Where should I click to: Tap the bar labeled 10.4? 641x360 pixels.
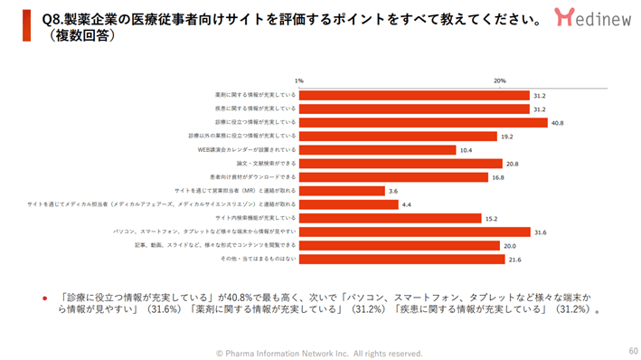pos(378,149)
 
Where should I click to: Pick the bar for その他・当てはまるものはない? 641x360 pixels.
pos(402,260)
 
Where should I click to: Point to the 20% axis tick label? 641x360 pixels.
pos(500,81)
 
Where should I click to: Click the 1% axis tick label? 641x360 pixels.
pos(299,81)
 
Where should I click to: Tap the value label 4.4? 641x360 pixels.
pos(407,204)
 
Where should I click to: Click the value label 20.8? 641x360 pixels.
pos(513,164)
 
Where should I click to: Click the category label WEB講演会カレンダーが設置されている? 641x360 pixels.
pos(247,149)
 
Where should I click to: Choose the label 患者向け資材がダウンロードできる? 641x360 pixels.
pos(253,177)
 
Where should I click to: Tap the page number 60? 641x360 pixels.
pos(632,350)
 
